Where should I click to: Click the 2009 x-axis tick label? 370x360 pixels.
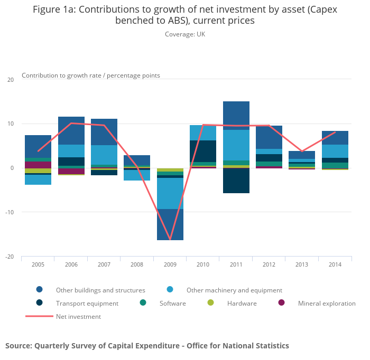(170, 264)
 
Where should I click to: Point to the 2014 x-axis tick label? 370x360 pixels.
(335, 264)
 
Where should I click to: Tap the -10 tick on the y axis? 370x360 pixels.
(10, 212)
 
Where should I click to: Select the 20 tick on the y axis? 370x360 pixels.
(11, 80)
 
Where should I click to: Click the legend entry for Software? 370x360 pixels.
(173, 304)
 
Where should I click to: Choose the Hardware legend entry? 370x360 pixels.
(242, 304)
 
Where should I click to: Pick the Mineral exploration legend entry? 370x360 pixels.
(326, 304)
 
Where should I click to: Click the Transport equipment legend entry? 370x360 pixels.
(87, 304)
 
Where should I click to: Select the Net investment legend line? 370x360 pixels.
(40, 317)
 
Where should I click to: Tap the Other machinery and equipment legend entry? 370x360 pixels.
(234, 290)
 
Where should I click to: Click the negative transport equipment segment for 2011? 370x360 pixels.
(236, 181)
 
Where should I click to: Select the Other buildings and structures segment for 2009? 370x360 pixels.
(170, 224)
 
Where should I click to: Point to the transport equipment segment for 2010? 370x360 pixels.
(203, 151)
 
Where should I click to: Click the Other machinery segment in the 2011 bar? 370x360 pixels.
(236, 145)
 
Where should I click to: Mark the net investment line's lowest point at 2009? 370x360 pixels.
(170, 239)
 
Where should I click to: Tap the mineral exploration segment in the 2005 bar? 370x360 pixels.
(38, 165)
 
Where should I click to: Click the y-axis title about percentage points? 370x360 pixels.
(90, 75)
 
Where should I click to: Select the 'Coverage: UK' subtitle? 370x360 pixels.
(184, 34)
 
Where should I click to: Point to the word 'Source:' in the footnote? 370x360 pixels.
(18, 346)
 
